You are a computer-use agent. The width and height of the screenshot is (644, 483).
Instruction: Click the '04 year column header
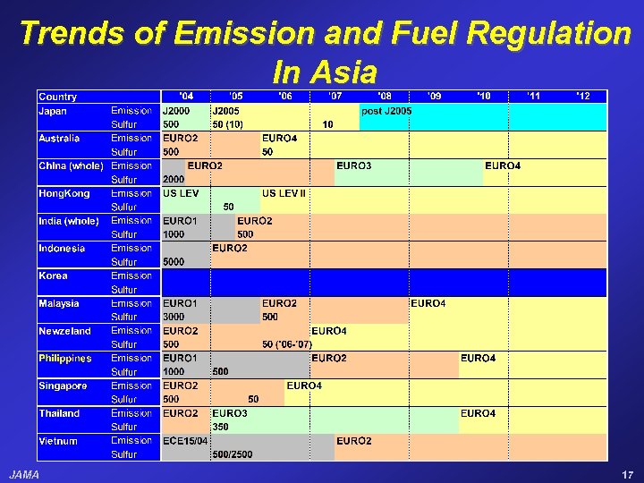[x=185, y=96]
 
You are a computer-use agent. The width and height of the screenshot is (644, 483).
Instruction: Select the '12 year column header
[x=582, y=96]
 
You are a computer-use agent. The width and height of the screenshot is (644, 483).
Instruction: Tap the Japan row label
[x=54, y=111]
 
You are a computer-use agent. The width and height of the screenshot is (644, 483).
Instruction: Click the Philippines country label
[x=65, y=359]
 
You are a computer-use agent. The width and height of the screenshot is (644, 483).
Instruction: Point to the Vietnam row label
[x=58, y=441]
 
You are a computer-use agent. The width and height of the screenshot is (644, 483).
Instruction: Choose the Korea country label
[x=53, y=275]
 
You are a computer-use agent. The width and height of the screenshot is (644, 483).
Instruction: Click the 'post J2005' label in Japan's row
[x=386, y=111]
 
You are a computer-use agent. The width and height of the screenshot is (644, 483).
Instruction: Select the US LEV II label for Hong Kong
[x=284, y=193]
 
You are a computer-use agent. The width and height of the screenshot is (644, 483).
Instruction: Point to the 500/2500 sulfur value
[x=233, y=454]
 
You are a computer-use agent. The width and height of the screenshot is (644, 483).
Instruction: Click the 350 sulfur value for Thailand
[x=221, y=427]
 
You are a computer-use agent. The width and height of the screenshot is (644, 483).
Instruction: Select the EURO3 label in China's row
[x=354, y=165]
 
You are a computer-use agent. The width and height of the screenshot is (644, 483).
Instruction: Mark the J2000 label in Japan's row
[x=177, y=111]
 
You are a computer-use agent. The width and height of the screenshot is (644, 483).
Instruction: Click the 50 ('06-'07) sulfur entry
[x=287, y=344]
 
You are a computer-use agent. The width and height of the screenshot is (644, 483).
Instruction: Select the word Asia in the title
[x=343, y=72]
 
